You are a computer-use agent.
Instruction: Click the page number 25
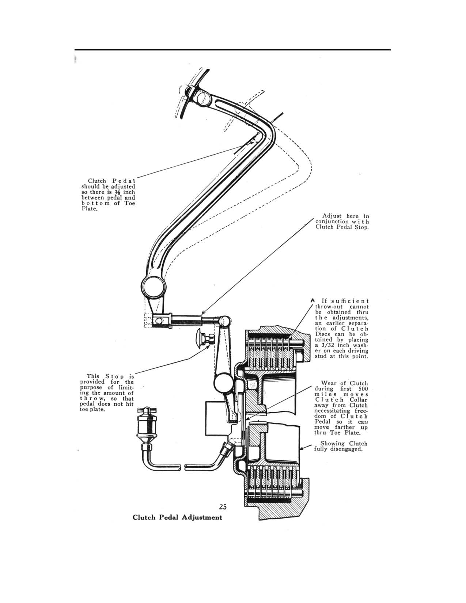pos(223,507)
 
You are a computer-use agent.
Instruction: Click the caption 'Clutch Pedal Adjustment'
pos(177,517)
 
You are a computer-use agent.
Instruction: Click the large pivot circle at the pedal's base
pos(152,288)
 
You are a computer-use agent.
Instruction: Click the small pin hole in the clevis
pos(159,321)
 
